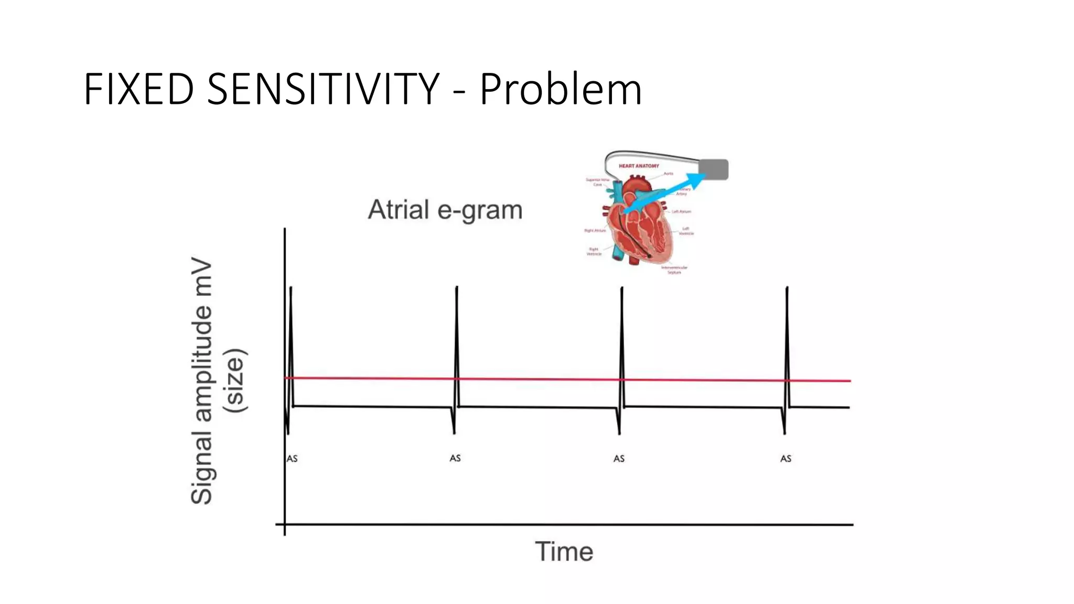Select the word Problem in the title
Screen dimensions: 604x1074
[x=561, y=89]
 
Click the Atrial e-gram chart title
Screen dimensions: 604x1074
[x=445, y=210]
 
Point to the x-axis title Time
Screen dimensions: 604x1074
[x=564, y=552]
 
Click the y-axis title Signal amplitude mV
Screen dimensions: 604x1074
[x=202, y=383]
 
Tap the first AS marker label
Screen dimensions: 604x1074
[x=292, y=459]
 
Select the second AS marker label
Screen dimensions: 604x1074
[x=455, y=458]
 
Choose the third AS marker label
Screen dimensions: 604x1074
[x=619, y=459]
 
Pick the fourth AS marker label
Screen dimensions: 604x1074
[x=786, y=459]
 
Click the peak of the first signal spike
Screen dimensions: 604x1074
[x=291, y=288]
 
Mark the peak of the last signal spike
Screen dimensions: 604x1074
[x=787, y=288]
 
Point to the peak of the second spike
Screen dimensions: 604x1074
[x=457, y=288]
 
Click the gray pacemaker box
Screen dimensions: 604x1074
[x=713, y=169]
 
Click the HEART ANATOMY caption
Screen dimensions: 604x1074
[x=639, y=166]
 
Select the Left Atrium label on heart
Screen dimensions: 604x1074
[x=682, y=212]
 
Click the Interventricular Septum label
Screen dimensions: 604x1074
[x=674, y=270]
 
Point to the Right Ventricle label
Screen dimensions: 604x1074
[x=594, y=252]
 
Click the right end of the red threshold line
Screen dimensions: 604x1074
[x=850, y=381]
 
